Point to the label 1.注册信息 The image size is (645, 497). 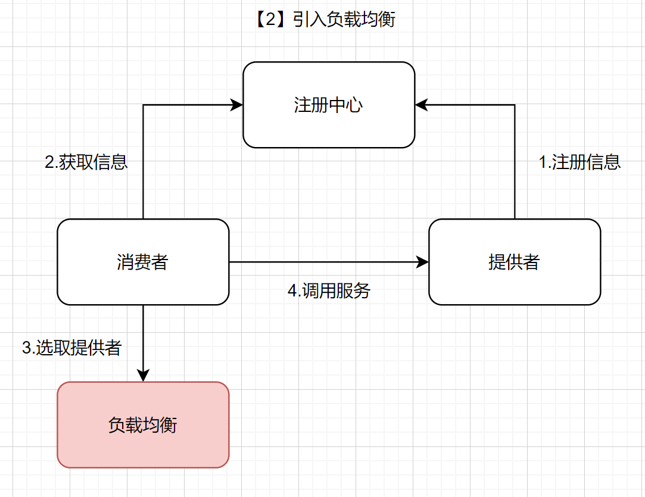pos(579,162)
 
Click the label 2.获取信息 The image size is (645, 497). pos(86,162)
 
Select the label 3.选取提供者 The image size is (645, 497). pos(71,348)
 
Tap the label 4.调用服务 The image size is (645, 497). pos(329,290)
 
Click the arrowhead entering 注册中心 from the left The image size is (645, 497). pos(237,105)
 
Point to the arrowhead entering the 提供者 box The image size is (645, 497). pos(423,262)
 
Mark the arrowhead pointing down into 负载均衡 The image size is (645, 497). pos(143,375)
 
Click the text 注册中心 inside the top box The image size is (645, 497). pos(328,105)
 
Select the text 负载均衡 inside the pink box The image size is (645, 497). pos(143,425)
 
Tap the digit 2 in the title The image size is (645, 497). pos(271,20)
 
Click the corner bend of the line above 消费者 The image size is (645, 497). pos(143,105)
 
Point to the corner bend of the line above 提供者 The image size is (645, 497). pos(515,105)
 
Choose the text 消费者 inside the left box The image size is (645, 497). pos(143,262)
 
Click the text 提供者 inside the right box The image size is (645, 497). pos(514,262)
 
